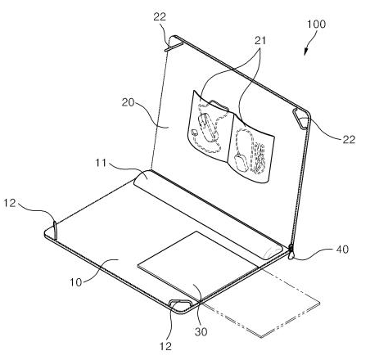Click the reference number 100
[316, 24]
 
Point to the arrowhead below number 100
[306, 52]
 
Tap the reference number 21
[260, 40]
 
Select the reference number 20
[128, 102]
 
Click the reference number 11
[100, 163]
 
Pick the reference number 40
[342, 249]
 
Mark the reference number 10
[75, 282]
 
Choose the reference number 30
[201, 331]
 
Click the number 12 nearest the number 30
[165, 346]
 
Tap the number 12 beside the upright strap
[10, 203]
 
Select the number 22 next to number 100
[349, 139]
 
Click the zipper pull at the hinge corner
[291, 252]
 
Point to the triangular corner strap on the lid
[300, 119]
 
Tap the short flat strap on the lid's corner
[174, 47]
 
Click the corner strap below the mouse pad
[180, 303]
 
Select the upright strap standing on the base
[55, 230]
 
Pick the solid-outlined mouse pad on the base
[197, 265]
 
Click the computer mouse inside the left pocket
[208, 128]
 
